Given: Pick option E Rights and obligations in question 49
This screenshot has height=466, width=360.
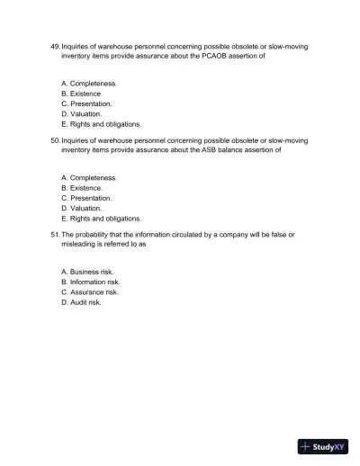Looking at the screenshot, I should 101,125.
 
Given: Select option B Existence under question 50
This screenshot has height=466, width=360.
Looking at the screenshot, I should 82,188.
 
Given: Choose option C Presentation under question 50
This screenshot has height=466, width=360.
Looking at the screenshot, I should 86,198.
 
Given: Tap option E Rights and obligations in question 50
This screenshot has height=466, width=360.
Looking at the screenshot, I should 101,219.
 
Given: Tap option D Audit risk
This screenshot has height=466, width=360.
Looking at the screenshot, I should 81,302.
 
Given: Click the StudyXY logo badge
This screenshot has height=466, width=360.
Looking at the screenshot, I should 322,445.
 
